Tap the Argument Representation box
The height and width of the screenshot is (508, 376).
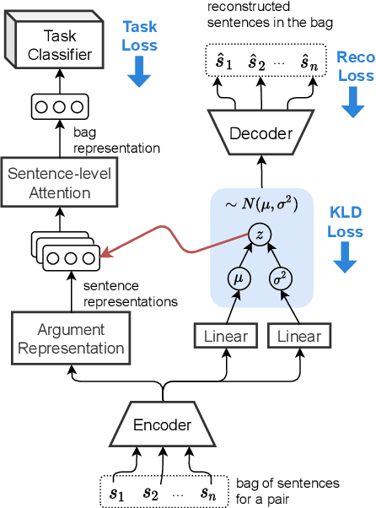72,338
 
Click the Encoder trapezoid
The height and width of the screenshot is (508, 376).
163,425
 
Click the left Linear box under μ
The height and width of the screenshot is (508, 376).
226,337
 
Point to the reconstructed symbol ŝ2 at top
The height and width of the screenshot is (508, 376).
256,61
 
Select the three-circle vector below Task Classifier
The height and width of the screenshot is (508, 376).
59,108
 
